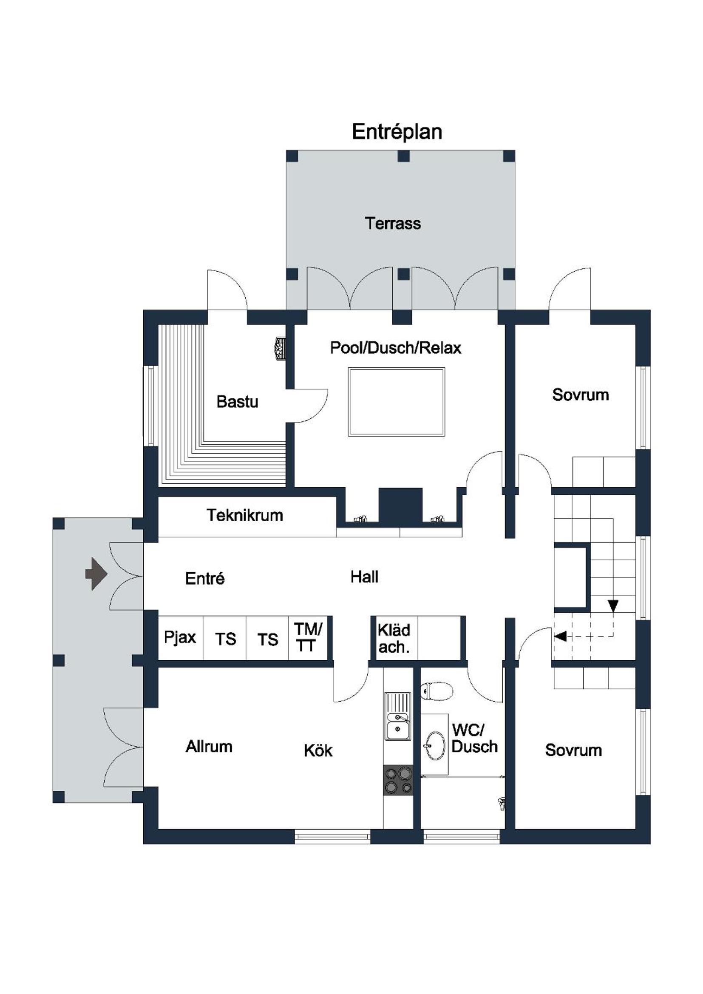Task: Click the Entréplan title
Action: (397, 132)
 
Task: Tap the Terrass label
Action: (393, 223)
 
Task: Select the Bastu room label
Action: (237, 402)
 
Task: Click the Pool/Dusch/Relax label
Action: (396, 348)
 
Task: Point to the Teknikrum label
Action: (245, 515)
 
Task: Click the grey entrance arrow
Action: (96, 574)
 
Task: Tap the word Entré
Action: (205, 578)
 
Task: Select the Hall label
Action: (365, 577)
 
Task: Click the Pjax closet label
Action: (180, 637)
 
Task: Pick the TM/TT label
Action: (308, 637)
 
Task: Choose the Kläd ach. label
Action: (394, 639)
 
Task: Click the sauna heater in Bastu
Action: (279, 348)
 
